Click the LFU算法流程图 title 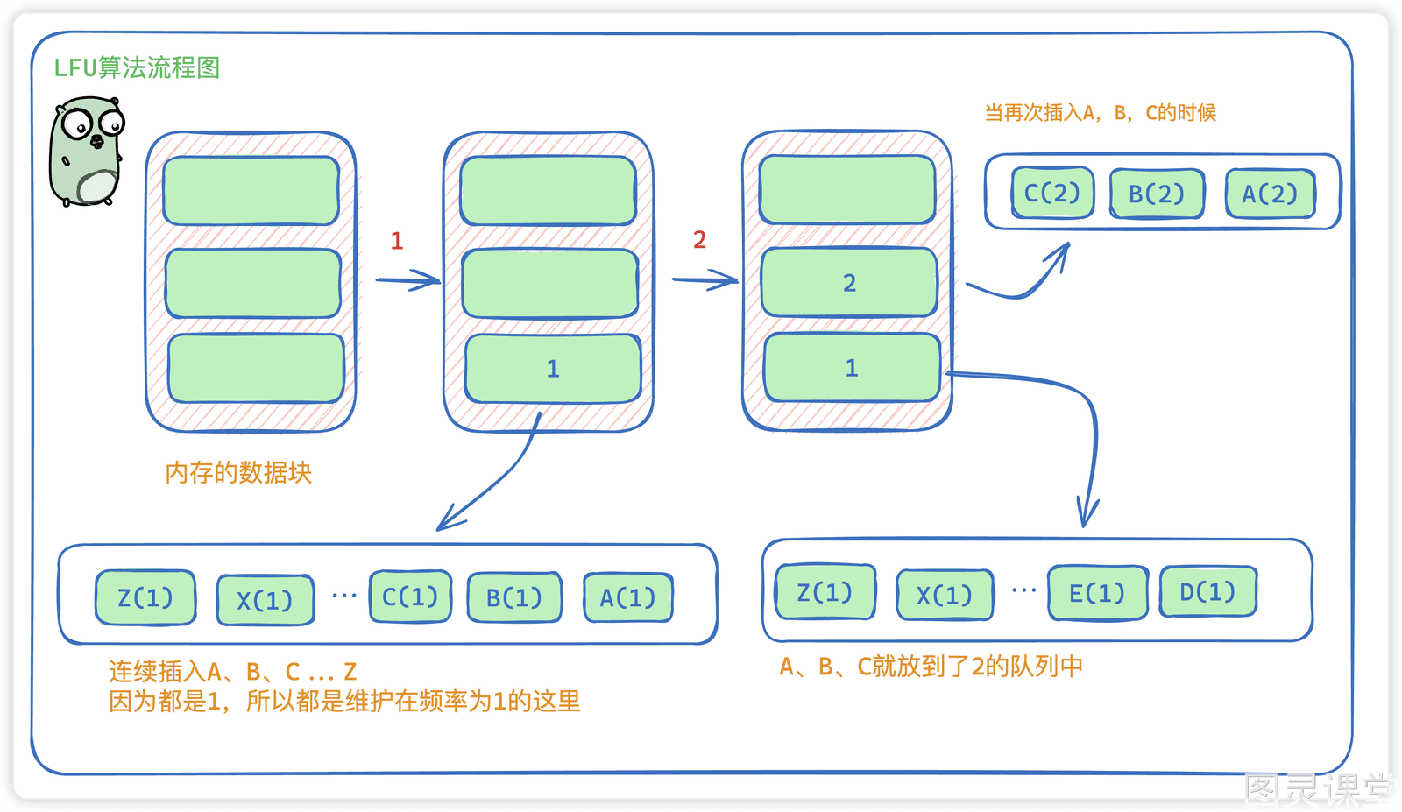click(x=137, y=67)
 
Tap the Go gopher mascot click(x=87, y=152)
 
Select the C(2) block click(x=1052, y=193)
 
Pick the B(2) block click(x=1157, y=194)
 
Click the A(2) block click(x=1270, y=194)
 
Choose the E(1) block click(x=1098, y=592)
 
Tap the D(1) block click(x=1208, y=591)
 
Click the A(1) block click(x=627, y=597)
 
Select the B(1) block click(x=514, y=597)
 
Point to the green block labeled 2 click(x=849, y=282)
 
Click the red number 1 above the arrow click(x=396, y=241)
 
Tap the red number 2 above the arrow click(x=700, y=240)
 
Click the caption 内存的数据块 click(x=238, y=473)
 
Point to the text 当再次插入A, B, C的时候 click(x=1101, y=113)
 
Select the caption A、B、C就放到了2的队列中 click(x=931, y=667)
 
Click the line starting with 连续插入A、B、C click(x=233, y=671)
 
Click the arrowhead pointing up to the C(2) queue click(x=1062, y=253)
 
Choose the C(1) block click(x=411, y=597)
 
